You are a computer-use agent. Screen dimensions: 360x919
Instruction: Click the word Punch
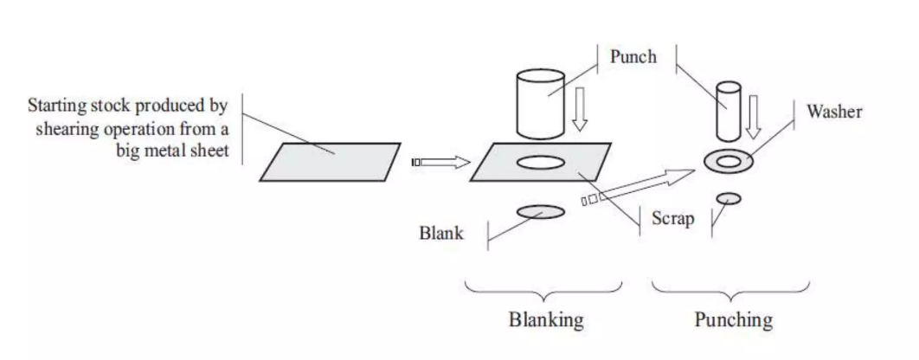pos(633,58)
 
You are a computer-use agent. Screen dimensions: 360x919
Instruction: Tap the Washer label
pos(834,112)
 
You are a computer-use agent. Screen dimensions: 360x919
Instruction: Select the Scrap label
pos(673,218)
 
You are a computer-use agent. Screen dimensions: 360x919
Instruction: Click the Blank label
pos(441,233)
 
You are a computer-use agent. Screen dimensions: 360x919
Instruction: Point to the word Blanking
pos(545,320)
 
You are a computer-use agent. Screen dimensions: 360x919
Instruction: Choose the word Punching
pos(733,320)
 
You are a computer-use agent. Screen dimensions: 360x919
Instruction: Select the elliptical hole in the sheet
pos(541,162)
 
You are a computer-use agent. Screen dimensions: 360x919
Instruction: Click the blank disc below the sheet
pos(540,211)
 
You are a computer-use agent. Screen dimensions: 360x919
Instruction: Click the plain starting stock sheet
pos(331,162)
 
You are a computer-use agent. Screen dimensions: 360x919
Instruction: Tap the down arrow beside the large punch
pos(581,111)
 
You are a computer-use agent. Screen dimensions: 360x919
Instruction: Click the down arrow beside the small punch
pos(755,116)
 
